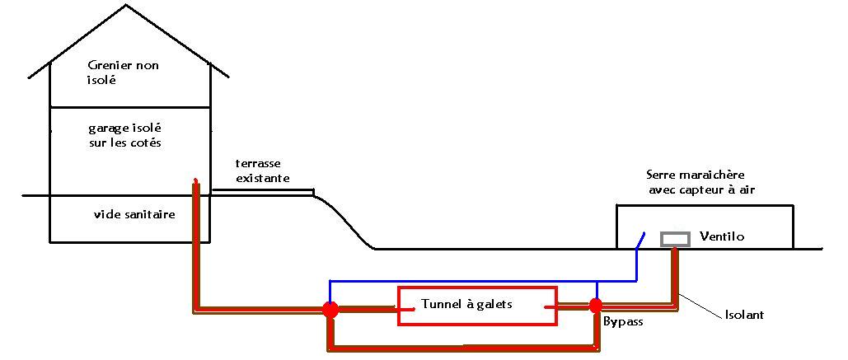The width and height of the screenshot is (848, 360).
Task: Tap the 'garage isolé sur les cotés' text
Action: (x=125, y=135)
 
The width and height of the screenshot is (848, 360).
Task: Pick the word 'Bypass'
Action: (x=623, y=322)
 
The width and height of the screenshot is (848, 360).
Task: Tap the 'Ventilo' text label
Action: (x=721, y=236)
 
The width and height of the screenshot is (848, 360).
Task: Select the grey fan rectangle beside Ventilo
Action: (x=675, y=239)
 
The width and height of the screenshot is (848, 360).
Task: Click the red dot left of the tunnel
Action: (x=330, y=310)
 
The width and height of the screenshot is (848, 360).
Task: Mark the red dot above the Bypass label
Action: (x=595, y=306)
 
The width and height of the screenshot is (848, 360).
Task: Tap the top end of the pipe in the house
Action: (x=195, y=181)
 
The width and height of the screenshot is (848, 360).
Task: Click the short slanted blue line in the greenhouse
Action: (x=640, y=241)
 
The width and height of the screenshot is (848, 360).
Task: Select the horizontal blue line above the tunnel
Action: (x=461, y=280)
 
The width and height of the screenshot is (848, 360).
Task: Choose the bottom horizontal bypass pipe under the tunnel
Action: (x=461, y=348)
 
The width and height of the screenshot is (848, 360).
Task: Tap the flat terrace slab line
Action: (x=262, y=190)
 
